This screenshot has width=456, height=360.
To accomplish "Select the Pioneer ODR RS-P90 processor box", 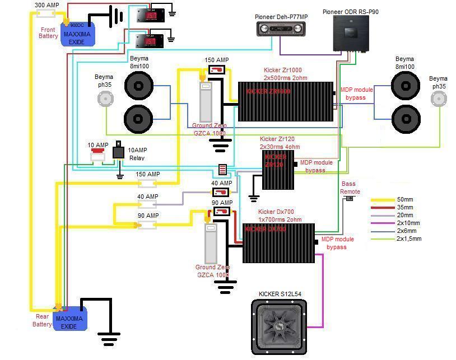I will click(351, 34).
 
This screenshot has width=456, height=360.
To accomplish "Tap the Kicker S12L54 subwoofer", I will click(279, 326).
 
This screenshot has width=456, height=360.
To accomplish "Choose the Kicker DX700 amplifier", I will click(278, 243).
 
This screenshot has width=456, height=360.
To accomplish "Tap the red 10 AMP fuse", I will click(99, 150).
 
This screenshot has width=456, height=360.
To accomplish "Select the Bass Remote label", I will click(350, 188).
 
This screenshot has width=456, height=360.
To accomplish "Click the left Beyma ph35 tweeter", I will click(104, 99).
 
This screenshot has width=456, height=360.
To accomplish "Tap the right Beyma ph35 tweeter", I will click(439, 99).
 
